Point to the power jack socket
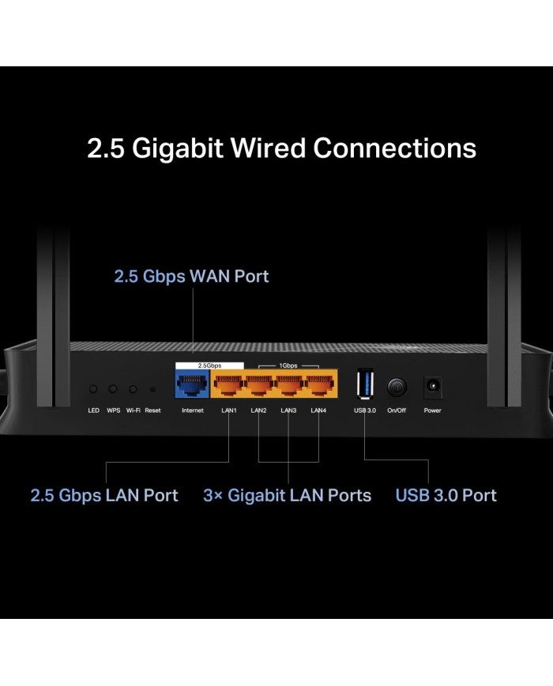(432, 387)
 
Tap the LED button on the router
(94, 389)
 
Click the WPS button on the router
(114, 389)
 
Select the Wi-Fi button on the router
(134, 389)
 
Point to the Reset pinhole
(152, 390)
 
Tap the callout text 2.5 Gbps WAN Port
(191, 276)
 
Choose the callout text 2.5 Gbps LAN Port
(104, 496)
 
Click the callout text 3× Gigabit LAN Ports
(287, 496)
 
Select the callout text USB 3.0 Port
(446, 496)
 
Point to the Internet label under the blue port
(192, 410)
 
